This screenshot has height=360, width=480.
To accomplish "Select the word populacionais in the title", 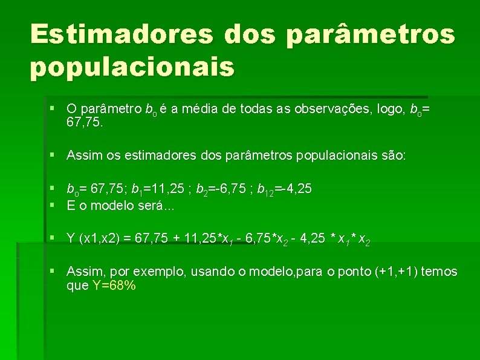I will [132, 67].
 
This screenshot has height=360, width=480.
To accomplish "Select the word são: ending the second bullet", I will [393, 155].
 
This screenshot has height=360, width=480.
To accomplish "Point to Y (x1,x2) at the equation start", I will [88, 239].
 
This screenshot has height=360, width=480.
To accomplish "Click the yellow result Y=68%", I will [114, 286].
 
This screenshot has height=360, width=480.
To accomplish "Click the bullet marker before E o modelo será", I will [54, 205].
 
